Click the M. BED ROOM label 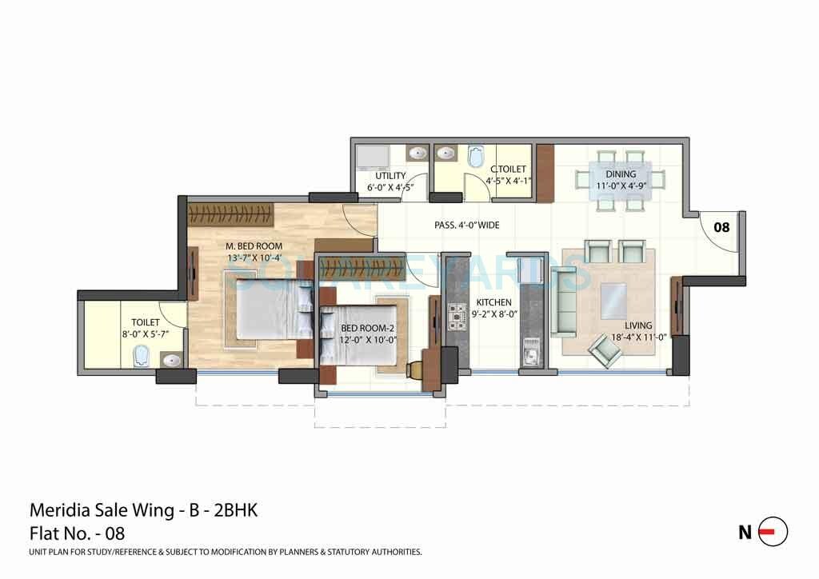[253, 246]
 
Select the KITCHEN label [493, 302]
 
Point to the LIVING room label [638, 325]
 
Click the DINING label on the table [621, 174]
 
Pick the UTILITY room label [390, 176]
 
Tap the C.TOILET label [508, 169]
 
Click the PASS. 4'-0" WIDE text [466, 226]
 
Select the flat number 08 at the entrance [721, 227]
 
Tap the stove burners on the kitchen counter [459, 316]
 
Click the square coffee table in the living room [614, 301]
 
